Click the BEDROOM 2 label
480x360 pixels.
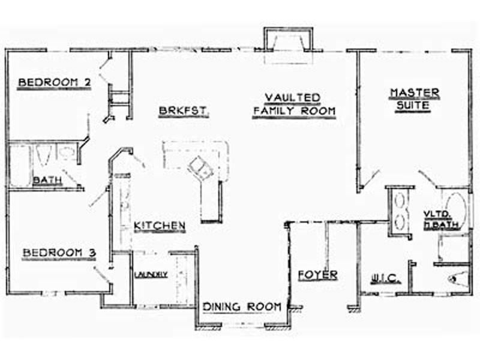coord(55,82)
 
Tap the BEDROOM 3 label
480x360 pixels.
coord(59,253)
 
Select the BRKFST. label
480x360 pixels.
coord(184,110)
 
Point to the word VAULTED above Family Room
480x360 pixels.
coord(292,97)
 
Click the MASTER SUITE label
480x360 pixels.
coord(414,98)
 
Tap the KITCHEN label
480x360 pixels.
coord(160,226)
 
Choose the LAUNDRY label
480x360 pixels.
coord(151,274)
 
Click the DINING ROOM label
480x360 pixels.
coord(242,307)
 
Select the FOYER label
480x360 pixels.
coord(318,275)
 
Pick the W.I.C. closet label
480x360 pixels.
coord(385,279)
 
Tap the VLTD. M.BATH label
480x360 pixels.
coord(441,219)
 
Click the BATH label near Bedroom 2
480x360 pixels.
coord(47,180)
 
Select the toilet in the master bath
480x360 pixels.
coord(458,279)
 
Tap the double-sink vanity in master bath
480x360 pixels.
coord(400,212)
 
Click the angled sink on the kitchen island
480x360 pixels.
coord(201,168)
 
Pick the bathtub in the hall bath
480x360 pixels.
coord(20,166)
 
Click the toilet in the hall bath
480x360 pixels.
coord(43,155)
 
